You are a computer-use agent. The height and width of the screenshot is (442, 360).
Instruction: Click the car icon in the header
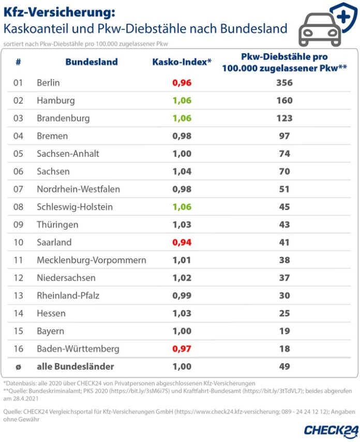coord(319,29)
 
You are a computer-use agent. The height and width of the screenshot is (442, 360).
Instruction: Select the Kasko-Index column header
coord(182,62)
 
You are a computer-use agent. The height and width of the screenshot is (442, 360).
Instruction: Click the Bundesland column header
coord(92,62)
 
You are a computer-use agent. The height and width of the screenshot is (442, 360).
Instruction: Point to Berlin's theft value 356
coord(284,83)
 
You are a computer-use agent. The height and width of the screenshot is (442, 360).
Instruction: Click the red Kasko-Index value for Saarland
coord(182,242)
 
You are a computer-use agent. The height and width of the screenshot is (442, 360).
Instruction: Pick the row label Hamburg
coord(56,100)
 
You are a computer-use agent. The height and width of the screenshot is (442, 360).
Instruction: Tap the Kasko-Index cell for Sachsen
coord(182,172)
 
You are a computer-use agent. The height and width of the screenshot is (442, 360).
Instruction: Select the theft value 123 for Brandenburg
coord(284,118)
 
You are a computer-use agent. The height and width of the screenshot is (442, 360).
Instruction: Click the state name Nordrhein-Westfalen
coord(78,189)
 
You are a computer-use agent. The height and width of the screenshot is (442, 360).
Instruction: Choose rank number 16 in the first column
coord(18,349)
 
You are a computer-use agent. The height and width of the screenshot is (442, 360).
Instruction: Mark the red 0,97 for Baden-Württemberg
coord(182,349)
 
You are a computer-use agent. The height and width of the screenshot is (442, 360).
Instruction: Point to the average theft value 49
coord(284,367)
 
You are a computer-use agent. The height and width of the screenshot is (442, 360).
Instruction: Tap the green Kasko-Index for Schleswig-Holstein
coord(182,207)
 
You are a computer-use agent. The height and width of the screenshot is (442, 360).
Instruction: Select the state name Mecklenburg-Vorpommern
coord(91,260)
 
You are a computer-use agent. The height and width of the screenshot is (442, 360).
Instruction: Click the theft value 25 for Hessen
coord(284,313)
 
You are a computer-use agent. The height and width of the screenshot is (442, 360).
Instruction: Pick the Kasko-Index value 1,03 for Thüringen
coord(182,225)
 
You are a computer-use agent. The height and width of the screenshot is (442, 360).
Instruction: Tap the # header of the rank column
coord(18,62)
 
